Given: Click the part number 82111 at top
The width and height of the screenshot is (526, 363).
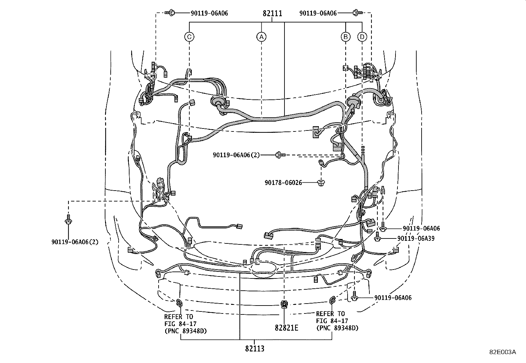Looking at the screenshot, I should [272, 14].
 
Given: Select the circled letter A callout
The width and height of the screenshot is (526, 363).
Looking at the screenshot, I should [261, 37].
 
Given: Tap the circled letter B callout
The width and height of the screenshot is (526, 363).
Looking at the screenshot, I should [346, 37].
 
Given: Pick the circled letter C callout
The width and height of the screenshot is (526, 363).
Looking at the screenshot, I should [189, 37].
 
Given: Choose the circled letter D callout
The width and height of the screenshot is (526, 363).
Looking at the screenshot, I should [362, 37].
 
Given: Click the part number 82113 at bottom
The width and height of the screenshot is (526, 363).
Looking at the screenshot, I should [255, 348].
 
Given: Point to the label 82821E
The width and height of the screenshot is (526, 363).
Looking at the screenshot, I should [286, 328].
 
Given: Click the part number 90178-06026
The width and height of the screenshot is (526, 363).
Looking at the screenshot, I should [283, 182].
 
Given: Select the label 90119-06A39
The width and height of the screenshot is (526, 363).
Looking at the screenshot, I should [416, 238].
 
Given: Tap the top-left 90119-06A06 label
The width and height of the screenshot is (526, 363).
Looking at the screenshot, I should [209, 13].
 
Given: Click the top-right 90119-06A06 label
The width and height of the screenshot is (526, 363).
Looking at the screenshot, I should [318, 13].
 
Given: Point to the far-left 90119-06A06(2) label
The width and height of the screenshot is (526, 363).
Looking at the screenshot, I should [75, 242].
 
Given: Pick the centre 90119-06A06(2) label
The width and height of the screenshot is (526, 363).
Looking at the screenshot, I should [236, 155].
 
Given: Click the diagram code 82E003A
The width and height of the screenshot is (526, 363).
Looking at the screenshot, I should [503, 352].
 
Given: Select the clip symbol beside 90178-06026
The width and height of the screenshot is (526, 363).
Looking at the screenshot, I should [320, 183].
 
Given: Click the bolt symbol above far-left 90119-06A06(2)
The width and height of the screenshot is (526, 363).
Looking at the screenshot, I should [68, 220].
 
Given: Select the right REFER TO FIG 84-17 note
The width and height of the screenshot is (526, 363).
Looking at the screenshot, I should [337, 321].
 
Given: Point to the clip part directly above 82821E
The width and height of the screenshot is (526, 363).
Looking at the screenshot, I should [284, 304].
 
